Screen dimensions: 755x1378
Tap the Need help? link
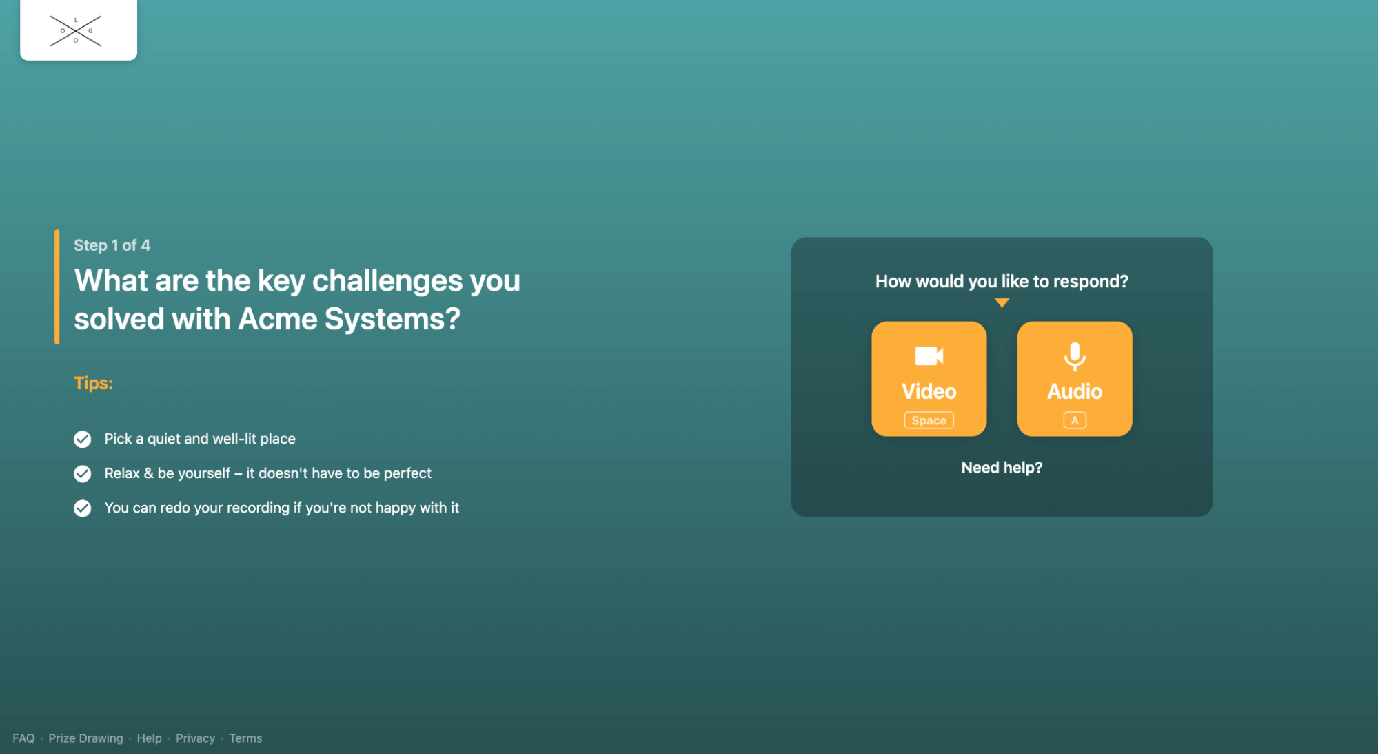pyautogui.click(x=1001, y=468)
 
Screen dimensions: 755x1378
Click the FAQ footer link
pyautogui.click(x=23, y=738)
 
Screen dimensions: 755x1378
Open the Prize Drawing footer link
pyautogui.click(x=85, y=738)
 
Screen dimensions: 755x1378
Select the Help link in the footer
pyautogui.click(x=149, y=738)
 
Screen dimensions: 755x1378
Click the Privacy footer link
pyautogui.click(x=195, y=738)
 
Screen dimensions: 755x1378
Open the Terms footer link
pyautogui.click(x=245, y=738)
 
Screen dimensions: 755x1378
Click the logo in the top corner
pyautogui.click(x=78, y=30)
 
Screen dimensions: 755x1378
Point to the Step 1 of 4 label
pyautogui.click(x=112, y=245)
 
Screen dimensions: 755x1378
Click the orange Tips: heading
pyautogui.click(x=93, y=383)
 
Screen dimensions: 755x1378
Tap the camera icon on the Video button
pyautogui.click(x=929, y=356)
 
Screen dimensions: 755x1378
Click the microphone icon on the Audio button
pyautogui.click(x=1074, y=356)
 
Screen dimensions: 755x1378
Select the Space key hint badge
pyautogui.click(x=929, y=420)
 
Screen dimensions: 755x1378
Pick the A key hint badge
pyautogui.click(x=1074, y=420)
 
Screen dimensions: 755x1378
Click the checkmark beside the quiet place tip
pyautogui.click(x=82, y=439)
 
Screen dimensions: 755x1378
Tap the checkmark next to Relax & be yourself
pyautogui.click(x=82, y=473)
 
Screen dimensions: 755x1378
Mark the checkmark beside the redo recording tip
pyautogui.click(x=82, y=508)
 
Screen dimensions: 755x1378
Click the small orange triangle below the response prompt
pyautogui.click(x=1002, y=302)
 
